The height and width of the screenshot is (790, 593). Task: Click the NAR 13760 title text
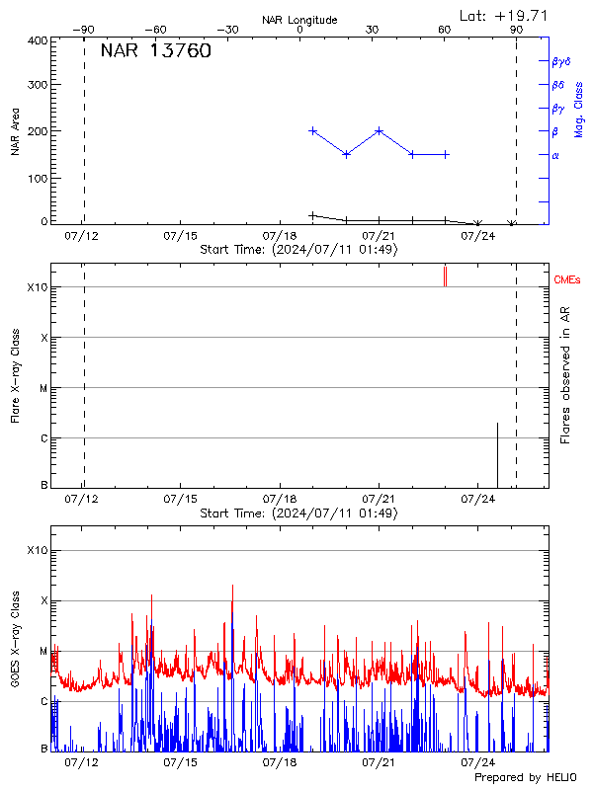pos(155,52)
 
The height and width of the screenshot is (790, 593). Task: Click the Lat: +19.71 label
pos(504,15)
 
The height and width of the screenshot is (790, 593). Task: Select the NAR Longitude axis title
pos(299,20)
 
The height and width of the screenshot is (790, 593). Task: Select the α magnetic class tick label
pos(555,155)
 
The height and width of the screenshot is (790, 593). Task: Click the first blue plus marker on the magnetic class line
pos(313,130)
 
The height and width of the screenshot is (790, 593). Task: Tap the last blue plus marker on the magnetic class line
pos(446,154)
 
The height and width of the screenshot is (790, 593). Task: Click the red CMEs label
pos(567,280)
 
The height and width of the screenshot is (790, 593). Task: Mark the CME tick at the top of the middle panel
pos(445,276)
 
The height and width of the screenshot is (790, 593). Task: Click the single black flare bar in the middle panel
pos(497,455)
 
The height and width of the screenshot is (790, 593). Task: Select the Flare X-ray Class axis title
pos(16,375)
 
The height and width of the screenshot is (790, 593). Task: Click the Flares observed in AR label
pos(565,375)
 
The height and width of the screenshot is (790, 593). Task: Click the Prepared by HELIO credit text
pos(525,778)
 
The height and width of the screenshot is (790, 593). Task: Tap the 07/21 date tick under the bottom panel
pos(380,762)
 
